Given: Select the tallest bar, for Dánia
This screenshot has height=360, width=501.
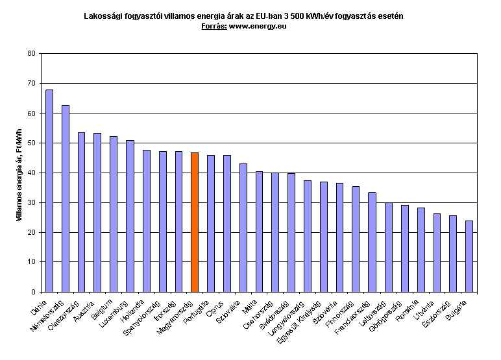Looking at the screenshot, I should (x=49, y=191).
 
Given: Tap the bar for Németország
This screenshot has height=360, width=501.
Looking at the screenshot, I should (x=66, y=198).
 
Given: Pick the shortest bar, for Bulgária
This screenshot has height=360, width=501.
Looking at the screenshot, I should (x=469, y=256).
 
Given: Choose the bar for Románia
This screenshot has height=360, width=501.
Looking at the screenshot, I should (x=421, y=250).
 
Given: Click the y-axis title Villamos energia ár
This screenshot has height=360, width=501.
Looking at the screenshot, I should (x=18, y=172).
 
